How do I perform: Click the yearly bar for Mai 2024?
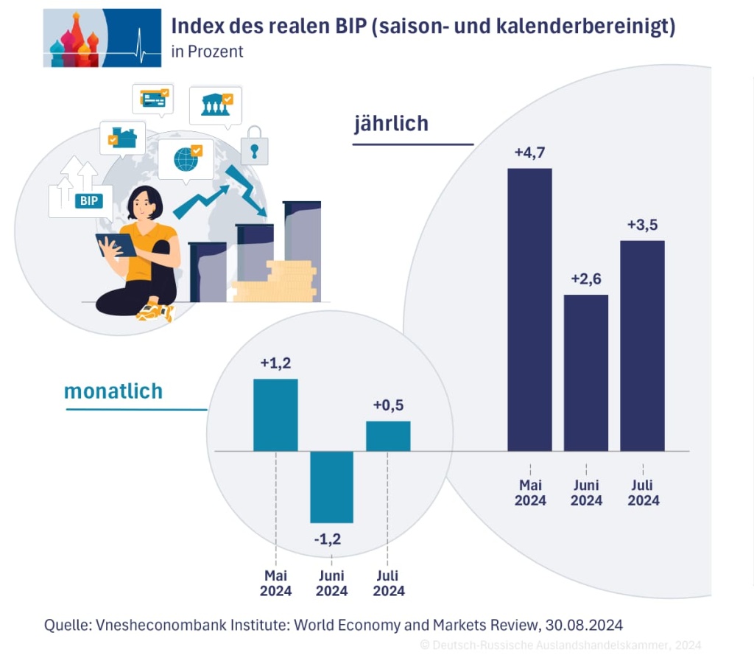tap(529, 309)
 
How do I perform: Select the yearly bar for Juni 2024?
tap(586, 372)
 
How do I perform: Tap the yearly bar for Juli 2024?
tap(642, 345)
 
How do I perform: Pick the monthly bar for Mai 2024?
tap(275, 415)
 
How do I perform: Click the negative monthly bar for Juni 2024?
tap(331, 486)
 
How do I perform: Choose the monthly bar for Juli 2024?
tap(388, 435)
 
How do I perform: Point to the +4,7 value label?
tap(529, 153)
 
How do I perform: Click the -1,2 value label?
tap(328, 540)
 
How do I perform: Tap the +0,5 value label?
tap(388, 405)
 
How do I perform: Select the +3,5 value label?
tap(642, 225)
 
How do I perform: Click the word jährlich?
tap(391, 124)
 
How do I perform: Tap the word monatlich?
tap(113, 391)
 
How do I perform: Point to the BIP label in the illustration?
tap(88, 200)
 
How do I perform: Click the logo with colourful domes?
tap(102, 38)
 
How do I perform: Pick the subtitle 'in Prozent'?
tap(207, 52)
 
